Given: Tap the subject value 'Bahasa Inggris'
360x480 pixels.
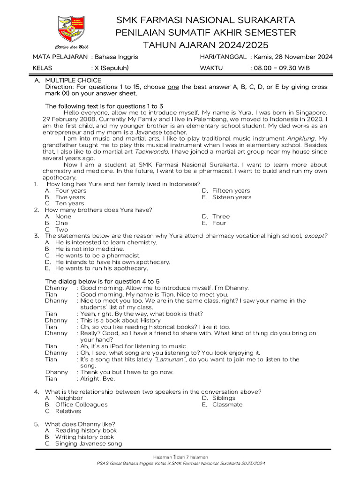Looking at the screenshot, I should [x=117, y=57].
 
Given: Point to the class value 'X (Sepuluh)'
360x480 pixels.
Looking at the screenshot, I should [x=112, y=68].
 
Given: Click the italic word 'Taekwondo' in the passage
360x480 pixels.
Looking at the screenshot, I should [x=145, y=152].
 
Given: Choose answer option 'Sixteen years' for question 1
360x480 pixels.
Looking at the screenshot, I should [x=232, y=197].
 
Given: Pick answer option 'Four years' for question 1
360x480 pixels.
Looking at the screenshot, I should [x=71, y=191].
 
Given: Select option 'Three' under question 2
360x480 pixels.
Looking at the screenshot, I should [x=221, y=217].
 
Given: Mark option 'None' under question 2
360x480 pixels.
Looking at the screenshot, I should [x=63, y=217].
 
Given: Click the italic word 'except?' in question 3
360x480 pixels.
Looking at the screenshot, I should [x=316, y=236].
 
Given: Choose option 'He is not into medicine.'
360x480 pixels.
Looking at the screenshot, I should [x=90, y=249].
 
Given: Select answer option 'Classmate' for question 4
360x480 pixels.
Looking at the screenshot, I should [x=227, y=405].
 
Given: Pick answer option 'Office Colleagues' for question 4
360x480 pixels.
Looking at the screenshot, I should [x=81, y=405].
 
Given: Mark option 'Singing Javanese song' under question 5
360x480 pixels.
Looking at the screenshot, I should [x=89, y=443].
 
